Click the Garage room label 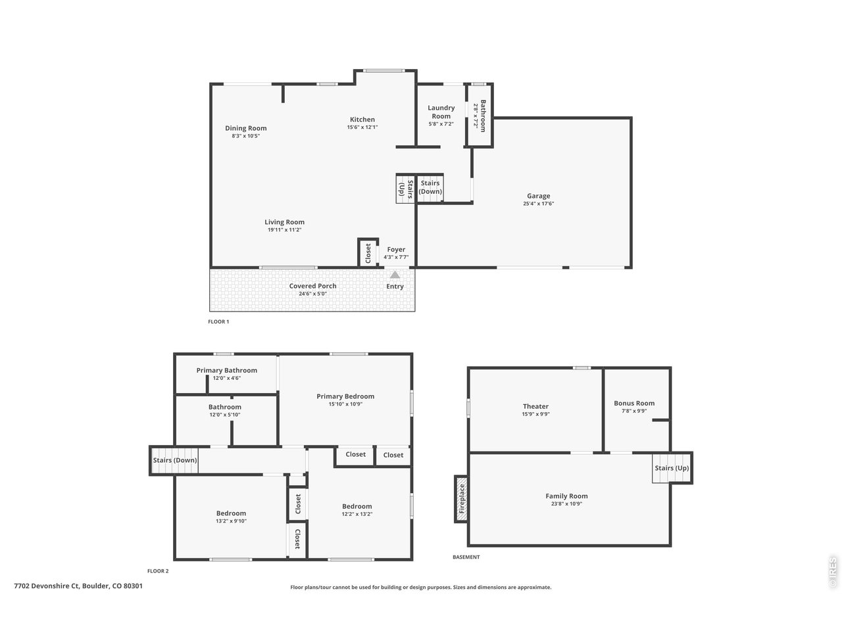pyautogui.click(x=538, y=196)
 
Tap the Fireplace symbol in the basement pyautogui.click(x=462, y=499)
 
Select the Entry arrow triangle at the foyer pyautogui.click(x=395, y=275)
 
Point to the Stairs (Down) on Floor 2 pyautogui.click(x=175, y=460)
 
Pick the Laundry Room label pyautogui.click(x=441, y=112)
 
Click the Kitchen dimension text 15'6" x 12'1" pyautogui.click(x=362, y=128)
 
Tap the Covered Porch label pyautogui.click(x=313, y=286)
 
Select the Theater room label pyautogui.click(x=535, y=406)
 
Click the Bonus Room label pyautogui.click(x=634, y=403)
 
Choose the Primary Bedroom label pyautogui.click(x=345, y=396)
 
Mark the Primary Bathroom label pyautogui.click(x=226, y=370)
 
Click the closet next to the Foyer pyautogui.click(x=368, y=252)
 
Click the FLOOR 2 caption pyautogui.click(x=158, y=571)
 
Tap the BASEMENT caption pyautogui.click(x=466, y=557)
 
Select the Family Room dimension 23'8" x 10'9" pyautogui.click(x=566, y=504)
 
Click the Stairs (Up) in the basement pyautogui.click(x=672, y=468)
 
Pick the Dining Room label pyautogui.click(x=246, y=128)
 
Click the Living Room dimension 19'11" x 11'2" pyautogui.click(x=284, y=230)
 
